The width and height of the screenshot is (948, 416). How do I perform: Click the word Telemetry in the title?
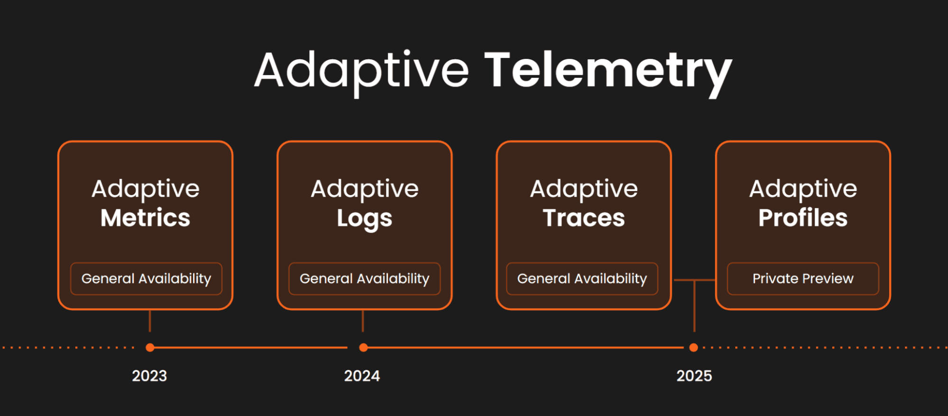click(608, 71)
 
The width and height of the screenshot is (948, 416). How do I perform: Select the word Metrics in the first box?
click(145, 218)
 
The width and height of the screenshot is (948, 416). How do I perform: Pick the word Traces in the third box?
click(583, 218)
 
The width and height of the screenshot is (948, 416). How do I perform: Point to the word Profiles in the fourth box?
click(802, 218)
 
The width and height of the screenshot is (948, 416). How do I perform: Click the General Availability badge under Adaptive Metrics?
click(146, 279)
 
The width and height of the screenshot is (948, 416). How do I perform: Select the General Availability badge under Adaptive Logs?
click(364, 279)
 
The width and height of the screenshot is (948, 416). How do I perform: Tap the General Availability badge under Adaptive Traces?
click(582, 279)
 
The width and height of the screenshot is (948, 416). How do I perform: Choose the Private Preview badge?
click(802, 279)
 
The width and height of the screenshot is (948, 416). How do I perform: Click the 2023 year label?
click(149, 376)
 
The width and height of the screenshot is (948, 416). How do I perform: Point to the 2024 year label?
click(362, 376)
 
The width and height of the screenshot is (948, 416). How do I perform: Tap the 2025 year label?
click(694, 376)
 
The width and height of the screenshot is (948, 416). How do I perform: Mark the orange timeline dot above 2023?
click(150, 348)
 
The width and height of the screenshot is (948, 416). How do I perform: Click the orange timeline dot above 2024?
click(363, 348)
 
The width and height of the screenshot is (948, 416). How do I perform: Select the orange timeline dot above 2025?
click(693, 348)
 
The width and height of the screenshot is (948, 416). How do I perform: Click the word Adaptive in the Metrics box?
click(145, 189)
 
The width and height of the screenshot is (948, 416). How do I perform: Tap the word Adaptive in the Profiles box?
click(802, 189)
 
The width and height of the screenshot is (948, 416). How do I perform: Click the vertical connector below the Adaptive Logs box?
click(363, 321)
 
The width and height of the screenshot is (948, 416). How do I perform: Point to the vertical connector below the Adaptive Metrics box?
click(150, 321)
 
